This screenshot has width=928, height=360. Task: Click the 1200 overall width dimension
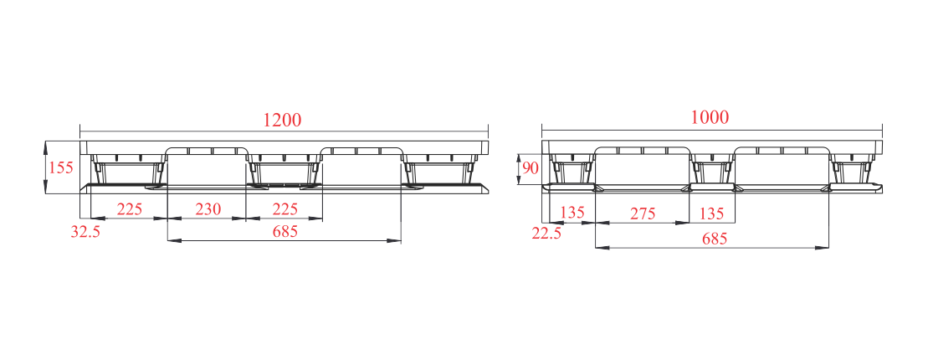282,120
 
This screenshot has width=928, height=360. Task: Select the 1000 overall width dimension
710,117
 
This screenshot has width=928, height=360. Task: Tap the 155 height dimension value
60,167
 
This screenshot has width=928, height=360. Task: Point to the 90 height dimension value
531,168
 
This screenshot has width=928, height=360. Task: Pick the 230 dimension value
208,208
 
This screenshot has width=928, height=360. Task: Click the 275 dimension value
642,213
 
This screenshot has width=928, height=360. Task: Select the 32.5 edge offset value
85,232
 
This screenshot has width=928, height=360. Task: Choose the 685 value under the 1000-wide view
715,239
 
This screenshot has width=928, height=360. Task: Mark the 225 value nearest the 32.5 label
129,208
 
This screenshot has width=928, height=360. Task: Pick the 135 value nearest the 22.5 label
572,213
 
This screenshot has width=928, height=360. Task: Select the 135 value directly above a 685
711,213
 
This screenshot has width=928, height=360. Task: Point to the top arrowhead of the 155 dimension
46,146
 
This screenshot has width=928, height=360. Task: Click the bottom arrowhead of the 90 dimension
519,180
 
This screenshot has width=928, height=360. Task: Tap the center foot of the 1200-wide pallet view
285,171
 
